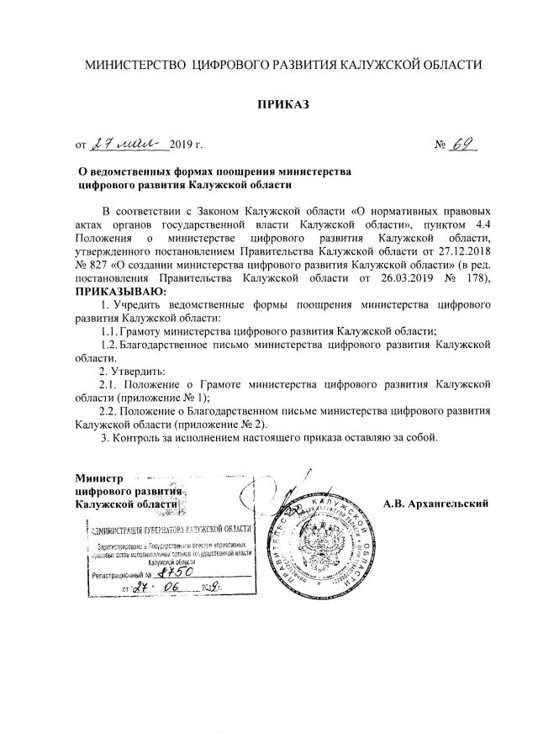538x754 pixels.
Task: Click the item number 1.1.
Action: [110, 330]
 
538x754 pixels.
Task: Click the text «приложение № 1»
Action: [161, 398]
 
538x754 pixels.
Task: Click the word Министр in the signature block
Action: [99, 477]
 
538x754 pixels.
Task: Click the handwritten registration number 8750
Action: [177, 572]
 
